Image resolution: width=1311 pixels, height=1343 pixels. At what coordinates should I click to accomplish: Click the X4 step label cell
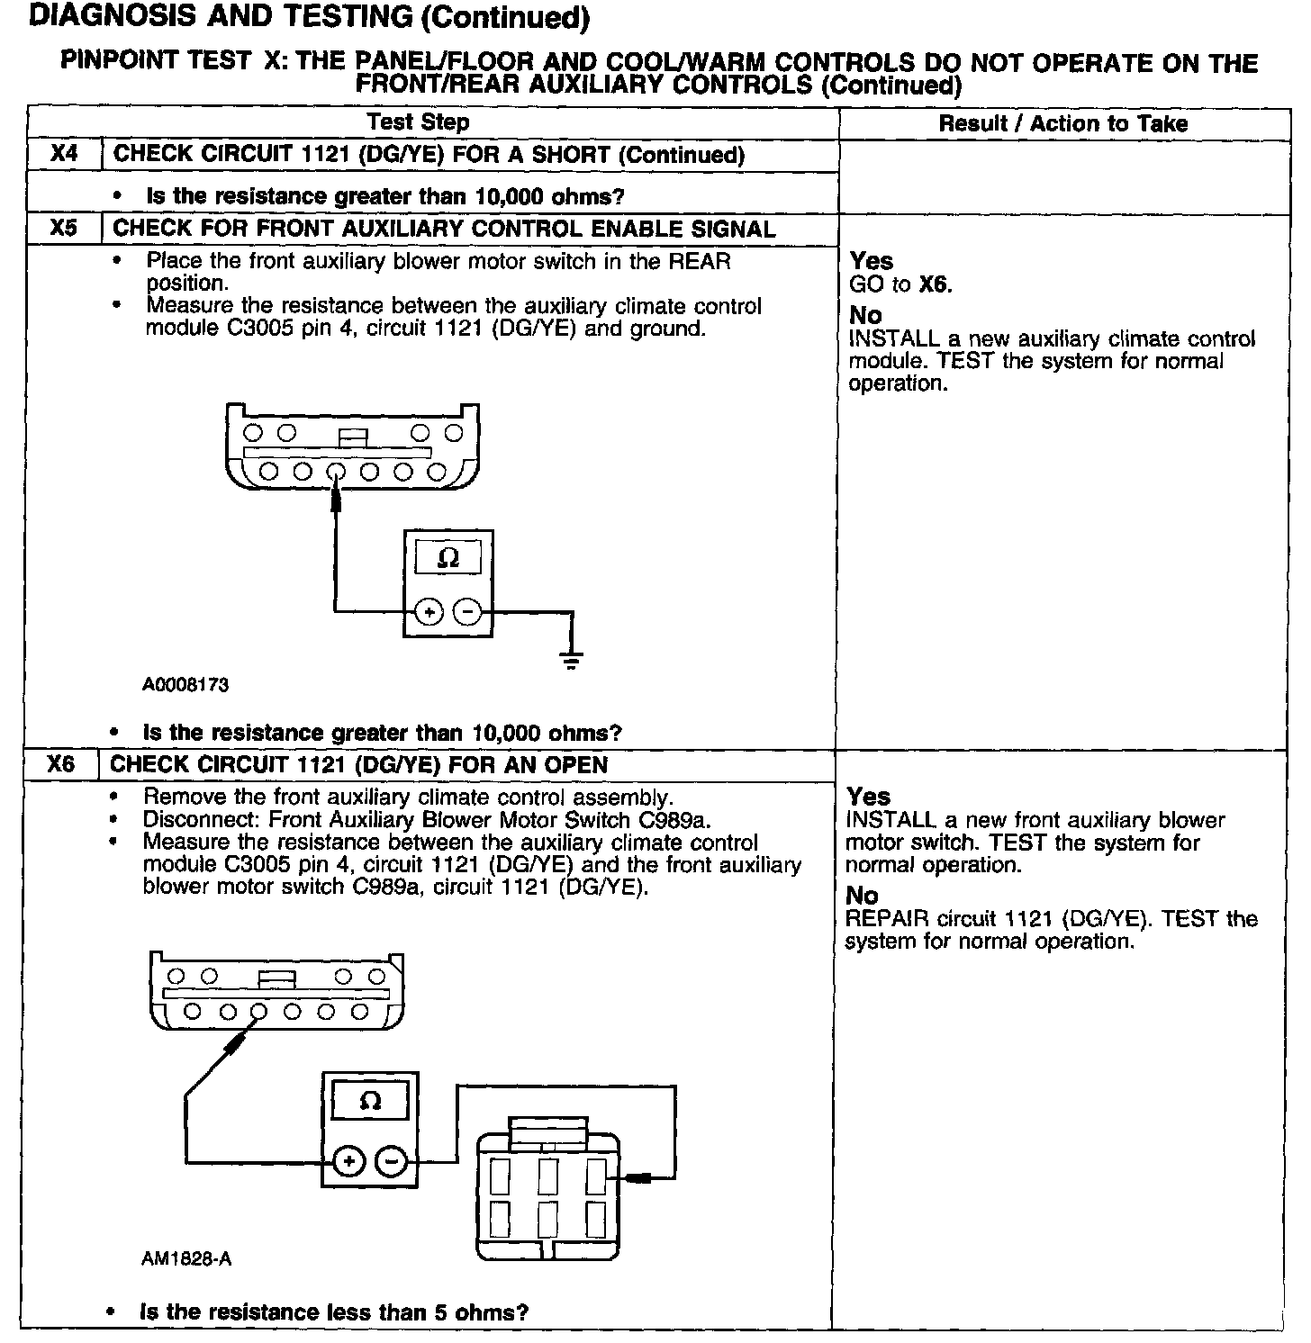(x=65, y=154)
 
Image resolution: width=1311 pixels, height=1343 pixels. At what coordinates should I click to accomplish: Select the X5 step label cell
(x=65, y=229)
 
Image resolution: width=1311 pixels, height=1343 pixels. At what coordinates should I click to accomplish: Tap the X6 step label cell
(x=61, y=765)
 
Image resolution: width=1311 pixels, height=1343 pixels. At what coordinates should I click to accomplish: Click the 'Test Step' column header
(x=418, y=122)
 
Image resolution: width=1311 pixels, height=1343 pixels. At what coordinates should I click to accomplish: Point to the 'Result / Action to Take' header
(x=1062, y=123)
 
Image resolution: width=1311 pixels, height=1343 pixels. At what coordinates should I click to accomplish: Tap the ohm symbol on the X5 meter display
(x=448, y=559)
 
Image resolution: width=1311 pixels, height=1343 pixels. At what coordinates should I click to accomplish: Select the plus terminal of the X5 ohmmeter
(x=429, y=613)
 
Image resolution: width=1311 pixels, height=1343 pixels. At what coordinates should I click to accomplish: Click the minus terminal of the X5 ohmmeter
(x=466, y=613)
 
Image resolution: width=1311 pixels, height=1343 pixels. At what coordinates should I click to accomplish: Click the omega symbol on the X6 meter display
(x=370, y=1100)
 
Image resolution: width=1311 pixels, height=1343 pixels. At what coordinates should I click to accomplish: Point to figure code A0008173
(x=185, y=685)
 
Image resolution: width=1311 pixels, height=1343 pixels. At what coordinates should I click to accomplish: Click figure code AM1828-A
(x=186, y=1258)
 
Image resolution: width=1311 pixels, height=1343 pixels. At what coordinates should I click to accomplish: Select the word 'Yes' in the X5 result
(x=871, y=261)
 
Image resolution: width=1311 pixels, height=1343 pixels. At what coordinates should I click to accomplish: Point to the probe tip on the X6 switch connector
(x=637, y=1178)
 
